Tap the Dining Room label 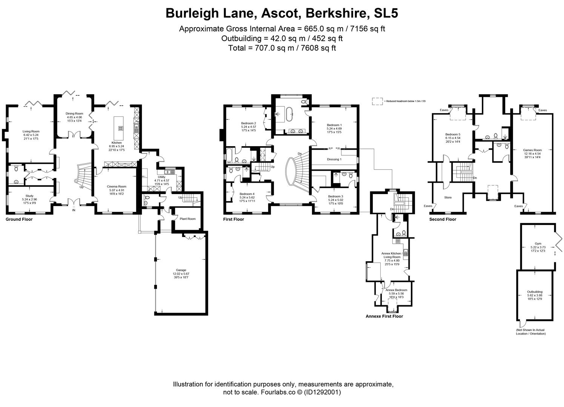[74, 113]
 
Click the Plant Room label [187, 219]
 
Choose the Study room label [29, 196]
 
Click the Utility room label [161, 177]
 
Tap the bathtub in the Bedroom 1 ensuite [289, 114]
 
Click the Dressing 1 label [334, 159]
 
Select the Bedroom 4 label [247, 194]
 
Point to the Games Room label [532, 150]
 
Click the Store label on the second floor [448, 197]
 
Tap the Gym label [538, 243]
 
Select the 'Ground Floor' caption [19, 219]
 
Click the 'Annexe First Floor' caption [384, 316]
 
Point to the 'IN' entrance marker [74, 210]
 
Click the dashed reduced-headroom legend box [377, 101]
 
